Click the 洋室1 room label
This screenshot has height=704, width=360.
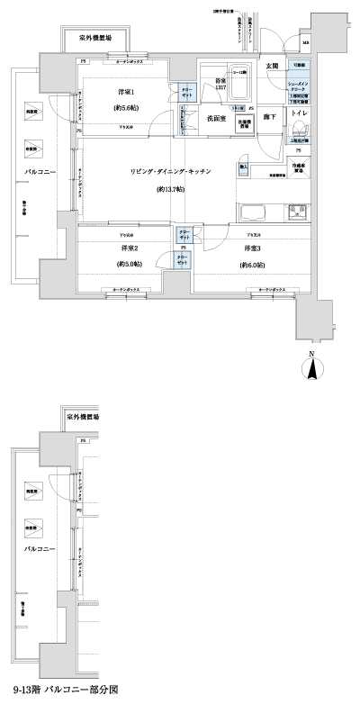pyautogui.click(x=127, y=93)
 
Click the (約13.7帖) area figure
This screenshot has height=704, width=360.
pyautogui.click(x=170, y=191)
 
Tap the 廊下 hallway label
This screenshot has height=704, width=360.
pyautogui.click(x=270, y=117)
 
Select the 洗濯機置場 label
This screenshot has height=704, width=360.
pyautogui.click(x=244, y=124)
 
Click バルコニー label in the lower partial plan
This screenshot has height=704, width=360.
pyautogui.click(x=40, y=546)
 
